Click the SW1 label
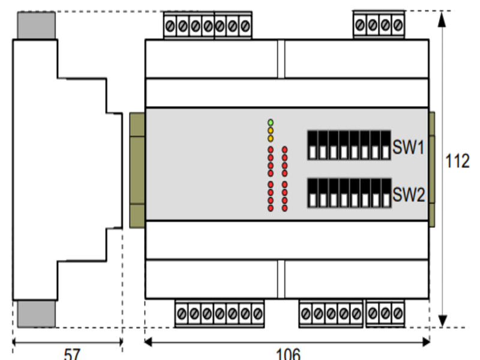click(409, 147)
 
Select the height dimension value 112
click(458, 162)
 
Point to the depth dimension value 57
click(71, 353)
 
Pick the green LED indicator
click(271, 122)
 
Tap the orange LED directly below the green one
click(271, 130)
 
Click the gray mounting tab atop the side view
click(36, 25)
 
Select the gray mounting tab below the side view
click(36, 314)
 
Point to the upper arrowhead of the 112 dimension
click(442, 18)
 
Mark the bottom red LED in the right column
click(284, 208)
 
